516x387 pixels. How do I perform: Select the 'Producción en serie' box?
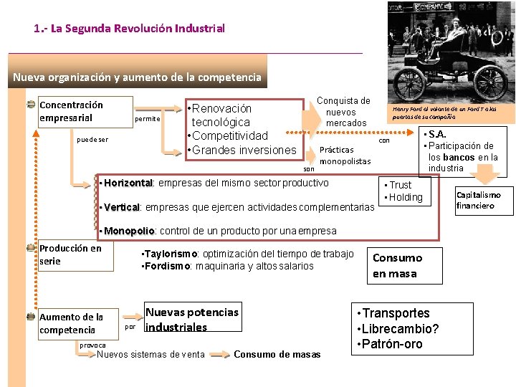click(x=75, y=256)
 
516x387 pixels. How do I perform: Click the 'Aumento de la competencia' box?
click(x=75, y=323)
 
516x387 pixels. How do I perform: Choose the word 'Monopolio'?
click(x=130, y=231)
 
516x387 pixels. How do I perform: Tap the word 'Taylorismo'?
click(x=172, y=254)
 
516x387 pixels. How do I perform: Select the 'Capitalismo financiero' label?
click(x=478, y=200)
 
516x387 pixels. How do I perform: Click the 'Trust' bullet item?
click(x=400, y=185)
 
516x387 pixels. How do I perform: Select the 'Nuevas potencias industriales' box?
click(x=192, y=320)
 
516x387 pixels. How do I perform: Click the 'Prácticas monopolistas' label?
click(x=345, y=156)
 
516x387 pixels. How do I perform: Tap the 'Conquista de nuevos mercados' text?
click(x=343, y=112)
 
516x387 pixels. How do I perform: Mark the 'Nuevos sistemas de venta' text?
click(x=150, y=354)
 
